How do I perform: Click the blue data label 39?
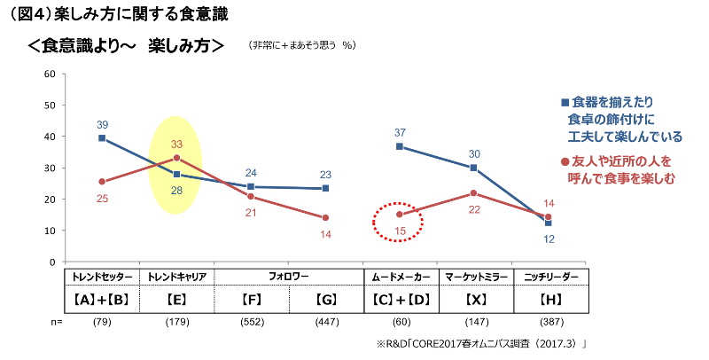click(x=102, y=124)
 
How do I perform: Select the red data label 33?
click(x=176, y=144)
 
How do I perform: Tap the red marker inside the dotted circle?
click(x=400, y=214)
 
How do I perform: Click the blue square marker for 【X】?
click(x=474, y=168)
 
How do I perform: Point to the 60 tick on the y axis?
click(x=50, y=74)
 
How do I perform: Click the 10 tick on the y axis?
click(x=50, y=231)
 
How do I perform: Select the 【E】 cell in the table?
click(x=176, y=300)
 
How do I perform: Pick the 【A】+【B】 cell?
click(x=102, y=300)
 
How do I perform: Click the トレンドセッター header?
click(x=102, y=276)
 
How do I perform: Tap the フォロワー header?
click(x=288, y=276)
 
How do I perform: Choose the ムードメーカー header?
click(x=400, y=276)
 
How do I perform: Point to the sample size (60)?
click(x=400, y=322)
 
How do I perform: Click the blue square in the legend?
click(x=565, y=102)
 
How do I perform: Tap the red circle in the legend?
click(x=565, y=162)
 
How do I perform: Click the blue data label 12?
click(x=549, y=239)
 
